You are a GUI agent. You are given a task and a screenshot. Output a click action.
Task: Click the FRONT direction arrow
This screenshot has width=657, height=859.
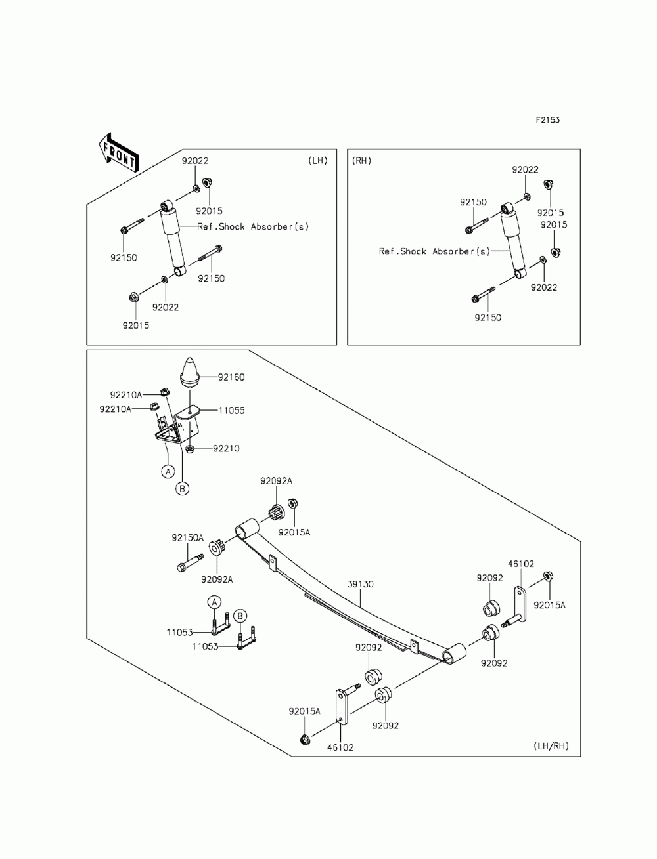(x=118, y=153)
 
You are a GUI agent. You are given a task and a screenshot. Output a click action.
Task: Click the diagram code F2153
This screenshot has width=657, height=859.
(x=547, y=120)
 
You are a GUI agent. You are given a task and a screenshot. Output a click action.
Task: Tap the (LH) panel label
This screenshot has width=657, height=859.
(x=318, y=161)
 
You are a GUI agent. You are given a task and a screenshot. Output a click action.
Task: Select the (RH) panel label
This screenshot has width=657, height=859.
(x=361, y=161)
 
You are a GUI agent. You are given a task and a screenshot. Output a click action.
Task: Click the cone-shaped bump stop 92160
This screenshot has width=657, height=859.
(x=190, y=371)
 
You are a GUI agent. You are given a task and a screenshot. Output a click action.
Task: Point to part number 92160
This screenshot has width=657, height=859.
(x=231, y=377)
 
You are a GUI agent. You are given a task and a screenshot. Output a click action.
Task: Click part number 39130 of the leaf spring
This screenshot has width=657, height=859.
(x=361, y=584)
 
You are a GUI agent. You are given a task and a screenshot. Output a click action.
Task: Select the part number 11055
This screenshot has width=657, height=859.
(x=231, y=410)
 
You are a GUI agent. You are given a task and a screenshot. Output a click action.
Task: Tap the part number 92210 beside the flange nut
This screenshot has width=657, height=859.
(x=226, y=448)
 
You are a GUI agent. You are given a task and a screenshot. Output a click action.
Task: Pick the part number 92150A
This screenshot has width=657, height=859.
(x=188, y=537)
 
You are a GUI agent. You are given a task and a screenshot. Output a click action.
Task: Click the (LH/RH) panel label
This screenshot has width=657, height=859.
(x=551, y=745)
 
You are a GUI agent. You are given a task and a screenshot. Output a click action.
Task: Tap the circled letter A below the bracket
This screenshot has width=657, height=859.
(x=168, y=472)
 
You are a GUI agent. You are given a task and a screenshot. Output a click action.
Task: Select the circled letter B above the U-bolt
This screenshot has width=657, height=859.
(x=240, y=616)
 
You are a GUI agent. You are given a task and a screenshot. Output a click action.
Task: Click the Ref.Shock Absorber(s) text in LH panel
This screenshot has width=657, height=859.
(x=253, y=226)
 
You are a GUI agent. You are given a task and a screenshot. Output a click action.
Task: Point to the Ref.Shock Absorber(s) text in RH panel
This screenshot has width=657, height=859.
(x=434, y=251)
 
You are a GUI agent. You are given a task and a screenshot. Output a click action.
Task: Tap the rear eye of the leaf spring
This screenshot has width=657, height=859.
(x=455, y=653)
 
